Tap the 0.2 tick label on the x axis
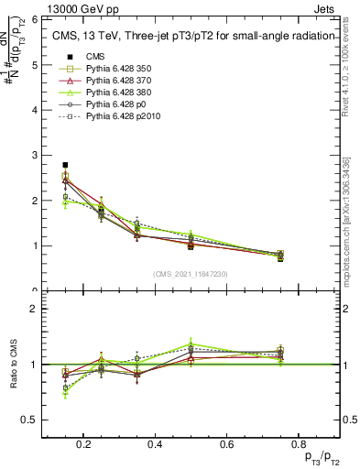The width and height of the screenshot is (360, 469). pyautogui.click(x=83, y=445)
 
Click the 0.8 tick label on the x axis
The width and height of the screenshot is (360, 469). pyautogui.click(x=297, y=445)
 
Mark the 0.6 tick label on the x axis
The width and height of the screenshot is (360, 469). pyautogui.click(x=225, y=445)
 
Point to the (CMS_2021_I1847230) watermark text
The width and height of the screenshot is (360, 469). pyautogui.click(x=191, y=274)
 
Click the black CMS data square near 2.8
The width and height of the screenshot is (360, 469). pyautogui.click(x=65, y=165)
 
